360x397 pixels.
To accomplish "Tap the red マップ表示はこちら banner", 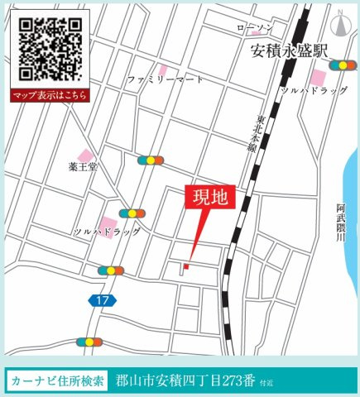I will (49, 96).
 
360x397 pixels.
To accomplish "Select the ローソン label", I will (253, 29).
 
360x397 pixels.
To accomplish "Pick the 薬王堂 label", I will (83, 167).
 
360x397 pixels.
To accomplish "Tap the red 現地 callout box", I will (210, 198).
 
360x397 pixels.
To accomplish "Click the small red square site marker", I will (186, 266).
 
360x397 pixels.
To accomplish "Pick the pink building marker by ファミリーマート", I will (164, 69).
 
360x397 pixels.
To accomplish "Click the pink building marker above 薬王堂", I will (85, 155).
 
